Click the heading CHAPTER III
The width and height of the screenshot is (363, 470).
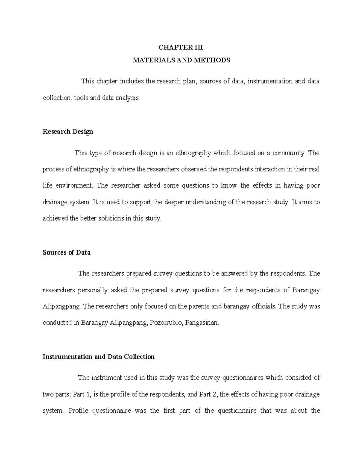click(x=181, y=48)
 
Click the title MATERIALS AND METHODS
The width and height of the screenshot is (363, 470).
click(x=181, y=60)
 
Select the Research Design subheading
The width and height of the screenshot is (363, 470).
click(x=68, y=132)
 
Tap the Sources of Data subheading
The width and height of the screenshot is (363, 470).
click(x=67, y=252)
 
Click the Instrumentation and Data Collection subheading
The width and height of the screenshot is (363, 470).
click(x=99, y=357)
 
